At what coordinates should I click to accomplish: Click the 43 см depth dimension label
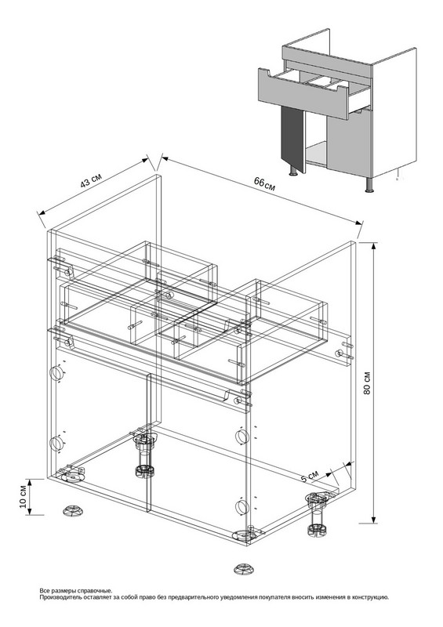91,181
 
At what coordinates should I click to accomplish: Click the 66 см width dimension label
264,183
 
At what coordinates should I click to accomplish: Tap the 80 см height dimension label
367,382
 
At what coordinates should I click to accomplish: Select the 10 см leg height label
23,497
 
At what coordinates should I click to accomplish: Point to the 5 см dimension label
310,476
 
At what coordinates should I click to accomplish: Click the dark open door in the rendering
294,139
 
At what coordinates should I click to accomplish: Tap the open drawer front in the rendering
303,94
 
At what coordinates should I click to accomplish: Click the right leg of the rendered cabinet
369,185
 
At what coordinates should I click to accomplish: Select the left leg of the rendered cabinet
293,171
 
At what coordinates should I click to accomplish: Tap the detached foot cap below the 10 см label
73,510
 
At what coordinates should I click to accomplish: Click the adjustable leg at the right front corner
318,513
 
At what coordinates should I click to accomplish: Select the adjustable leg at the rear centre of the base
143,453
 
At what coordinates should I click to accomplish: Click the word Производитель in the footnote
60,597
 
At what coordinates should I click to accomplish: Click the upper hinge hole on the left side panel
56,373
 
